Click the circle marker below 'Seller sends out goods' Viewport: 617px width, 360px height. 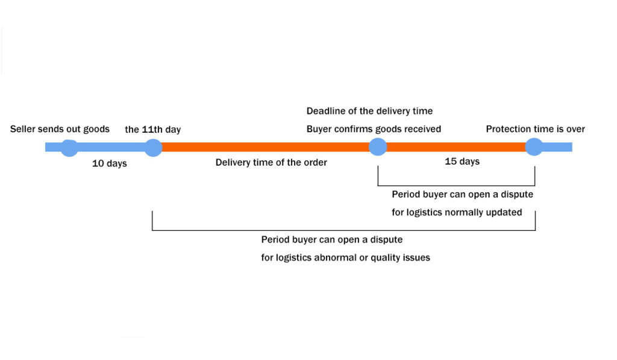click(69, 147)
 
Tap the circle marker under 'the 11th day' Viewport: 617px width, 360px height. click(153, 147)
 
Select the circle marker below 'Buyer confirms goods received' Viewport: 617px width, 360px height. click(378, 147)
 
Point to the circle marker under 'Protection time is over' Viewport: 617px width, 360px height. click(534, 147)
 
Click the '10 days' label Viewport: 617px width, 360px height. click(109, 163)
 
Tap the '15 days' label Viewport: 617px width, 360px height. click(462, 161)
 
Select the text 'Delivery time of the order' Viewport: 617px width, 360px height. click(271, 162)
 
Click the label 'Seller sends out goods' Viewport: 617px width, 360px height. click(60, 128)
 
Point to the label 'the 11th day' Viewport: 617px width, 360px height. click(152, 129)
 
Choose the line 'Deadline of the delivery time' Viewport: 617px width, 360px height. click(369, 111)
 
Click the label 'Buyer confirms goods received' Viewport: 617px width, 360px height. click(374, 128)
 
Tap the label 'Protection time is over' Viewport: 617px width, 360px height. click(535, 128)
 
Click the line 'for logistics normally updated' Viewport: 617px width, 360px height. click(457, 212)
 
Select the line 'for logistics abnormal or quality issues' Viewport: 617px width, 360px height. click(345, 257)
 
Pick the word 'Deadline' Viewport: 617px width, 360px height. click(326, 111)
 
